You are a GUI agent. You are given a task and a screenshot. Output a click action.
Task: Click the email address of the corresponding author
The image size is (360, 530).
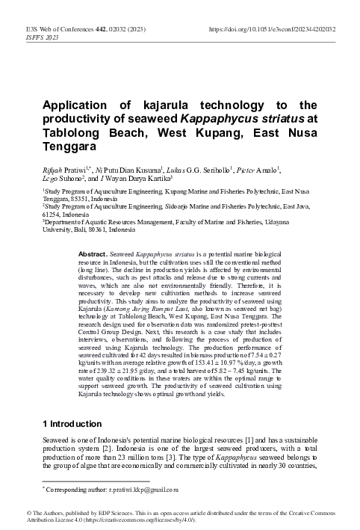(x=141, y=490)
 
